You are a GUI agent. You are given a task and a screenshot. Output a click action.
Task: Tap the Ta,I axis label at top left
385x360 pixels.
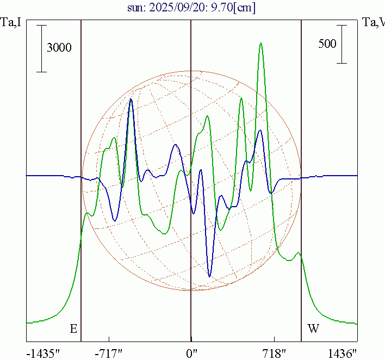tap(11, 22)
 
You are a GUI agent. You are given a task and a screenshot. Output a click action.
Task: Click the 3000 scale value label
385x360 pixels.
tap(59, 48)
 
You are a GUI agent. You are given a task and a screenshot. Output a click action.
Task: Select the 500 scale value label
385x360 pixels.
tap(327, 44)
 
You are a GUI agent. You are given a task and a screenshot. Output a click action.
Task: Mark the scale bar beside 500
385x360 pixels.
tap(341, 44)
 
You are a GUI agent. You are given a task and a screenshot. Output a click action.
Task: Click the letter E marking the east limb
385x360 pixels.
tap(73, 328)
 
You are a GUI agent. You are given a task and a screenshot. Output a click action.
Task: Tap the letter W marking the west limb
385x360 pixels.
tap(313, 328)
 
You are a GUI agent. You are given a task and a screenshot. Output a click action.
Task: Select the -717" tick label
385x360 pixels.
tap(109, 353)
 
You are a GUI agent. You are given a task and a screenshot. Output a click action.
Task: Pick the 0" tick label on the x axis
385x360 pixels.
tap(191, 353)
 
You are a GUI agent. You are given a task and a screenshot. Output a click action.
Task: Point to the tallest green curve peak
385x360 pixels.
tap(261, 43)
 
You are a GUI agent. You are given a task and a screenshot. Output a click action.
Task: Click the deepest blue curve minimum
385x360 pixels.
tap(210, 276)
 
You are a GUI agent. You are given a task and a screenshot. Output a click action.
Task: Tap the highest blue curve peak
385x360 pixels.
tap(131, 100)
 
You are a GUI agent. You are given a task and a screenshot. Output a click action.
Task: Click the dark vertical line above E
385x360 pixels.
tap(81, 163)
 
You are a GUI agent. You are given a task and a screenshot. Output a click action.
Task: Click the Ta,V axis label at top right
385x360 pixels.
tap(374, 22)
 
